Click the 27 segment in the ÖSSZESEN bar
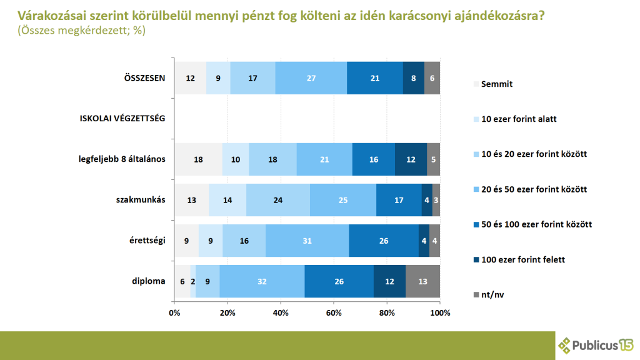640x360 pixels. [x=311, y=78]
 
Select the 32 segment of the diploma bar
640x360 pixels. [x=262, y=281]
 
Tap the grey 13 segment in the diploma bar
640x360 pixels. [x=422, y=281]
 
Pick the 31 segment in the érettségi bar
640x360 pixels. [x=307, y=241]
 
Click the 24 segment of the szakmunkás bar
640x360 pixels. [x=278, y=200]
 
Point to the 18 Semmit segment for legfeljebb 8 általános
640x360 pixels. [x=198, y=159]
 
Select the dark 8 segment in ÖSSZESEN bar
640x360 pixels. [x=414, y=78]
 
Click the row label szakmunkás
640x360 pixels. [x=141, y=200]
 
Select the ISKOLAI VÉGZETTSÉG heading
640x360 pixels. [x=122, y=119]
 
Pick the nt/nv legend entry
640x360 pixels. [x=492, y=294]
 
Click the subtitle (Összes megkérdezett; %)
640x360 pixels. [x=81, y=30]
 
